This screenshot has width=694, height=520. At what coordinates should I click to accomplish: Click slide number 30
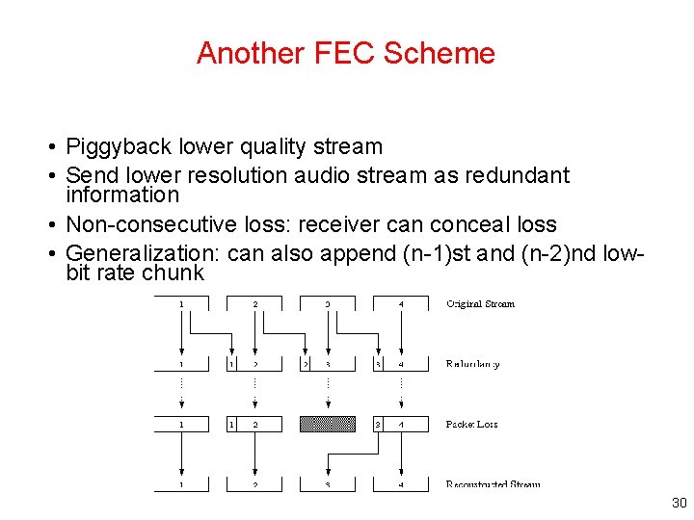pyautogui.click(x=678, y=504)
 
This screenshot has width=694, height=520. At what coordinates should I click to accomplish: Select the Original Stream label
pyautogui.click(x=480, y=304)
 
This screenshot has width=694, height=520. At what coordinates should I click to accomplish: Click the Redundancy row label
pyautogui.click(x=472, y=364)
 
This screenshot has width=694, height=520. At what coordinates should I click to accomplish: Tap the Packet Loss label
pyautogui.click(x=471, y=425)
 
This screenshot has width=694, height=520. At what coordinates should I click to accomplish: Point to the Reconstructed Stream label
pyautogui.click(x=493, y=484)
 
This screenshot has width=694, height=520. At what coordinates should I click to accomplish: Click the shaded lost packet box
pyautogui.click(x=328, y=424)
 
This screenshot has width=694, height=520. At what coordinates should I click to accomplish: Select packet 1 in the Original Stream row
pyautogui.click(x=181, y=304)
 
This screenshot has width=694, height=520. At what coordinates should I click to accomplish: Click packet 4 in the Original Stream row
pyautogui.click(x=401, y=304)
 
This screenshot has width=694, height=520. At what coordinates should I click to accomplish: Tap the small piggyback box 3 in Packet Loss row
pyautogui.click(x=379, y=424)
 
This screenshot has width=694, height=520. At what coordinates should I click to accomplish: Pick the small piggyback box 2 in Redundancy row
pyautogui.click(x=306, y=364)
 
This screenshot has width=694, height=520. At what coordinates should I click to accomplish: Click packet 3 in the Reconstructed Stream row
pyautogui.click(x=328, y=484)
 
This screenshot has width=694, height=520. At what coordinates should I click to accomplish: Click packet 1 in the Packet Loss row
pyautogui.click(x=181, y=424)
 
